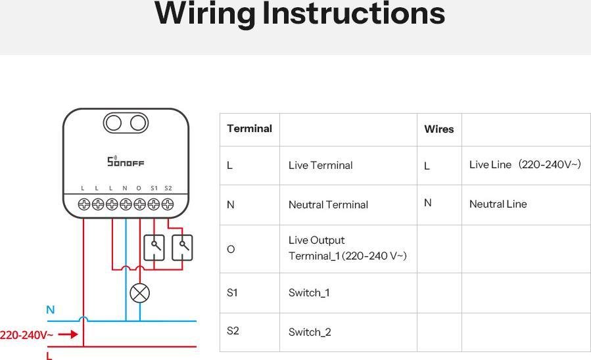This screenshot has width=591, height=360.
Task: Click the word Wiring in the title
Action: (204, 14)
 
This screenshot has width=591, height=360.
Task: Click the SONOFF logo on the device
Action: (126, 161)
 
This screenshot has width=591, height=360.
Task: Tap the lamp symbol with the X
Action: (139, 293)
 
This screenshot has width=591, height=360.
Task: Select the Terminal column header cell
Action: (249, 129)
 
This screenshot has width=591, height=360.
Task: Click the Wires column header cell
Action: (438, 129)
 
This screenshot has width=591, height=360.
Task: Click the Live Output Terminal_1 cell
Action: (347, 248)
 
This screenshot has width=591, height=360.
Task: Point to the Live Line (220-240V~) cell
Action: (525, 165)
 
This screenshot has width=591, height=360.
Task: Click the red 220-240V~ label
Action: (27, 335)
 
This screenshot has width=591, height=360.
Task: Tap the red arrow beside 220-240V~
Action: (68, 334)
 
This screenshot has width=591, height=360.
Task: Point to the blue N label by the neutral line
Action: (51, 309)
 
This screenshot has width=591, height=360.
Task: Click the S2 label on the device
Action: (168, 188)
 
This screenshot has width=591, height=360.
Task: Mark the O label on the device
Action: (139, 188)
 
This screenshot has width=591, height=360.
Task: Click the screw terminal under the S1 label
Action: (154, 204)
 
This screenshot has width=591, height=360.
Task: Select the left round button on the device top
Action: (114, 123)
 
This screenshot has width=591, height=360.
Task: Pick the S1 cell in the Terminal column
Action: (232, 293)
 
